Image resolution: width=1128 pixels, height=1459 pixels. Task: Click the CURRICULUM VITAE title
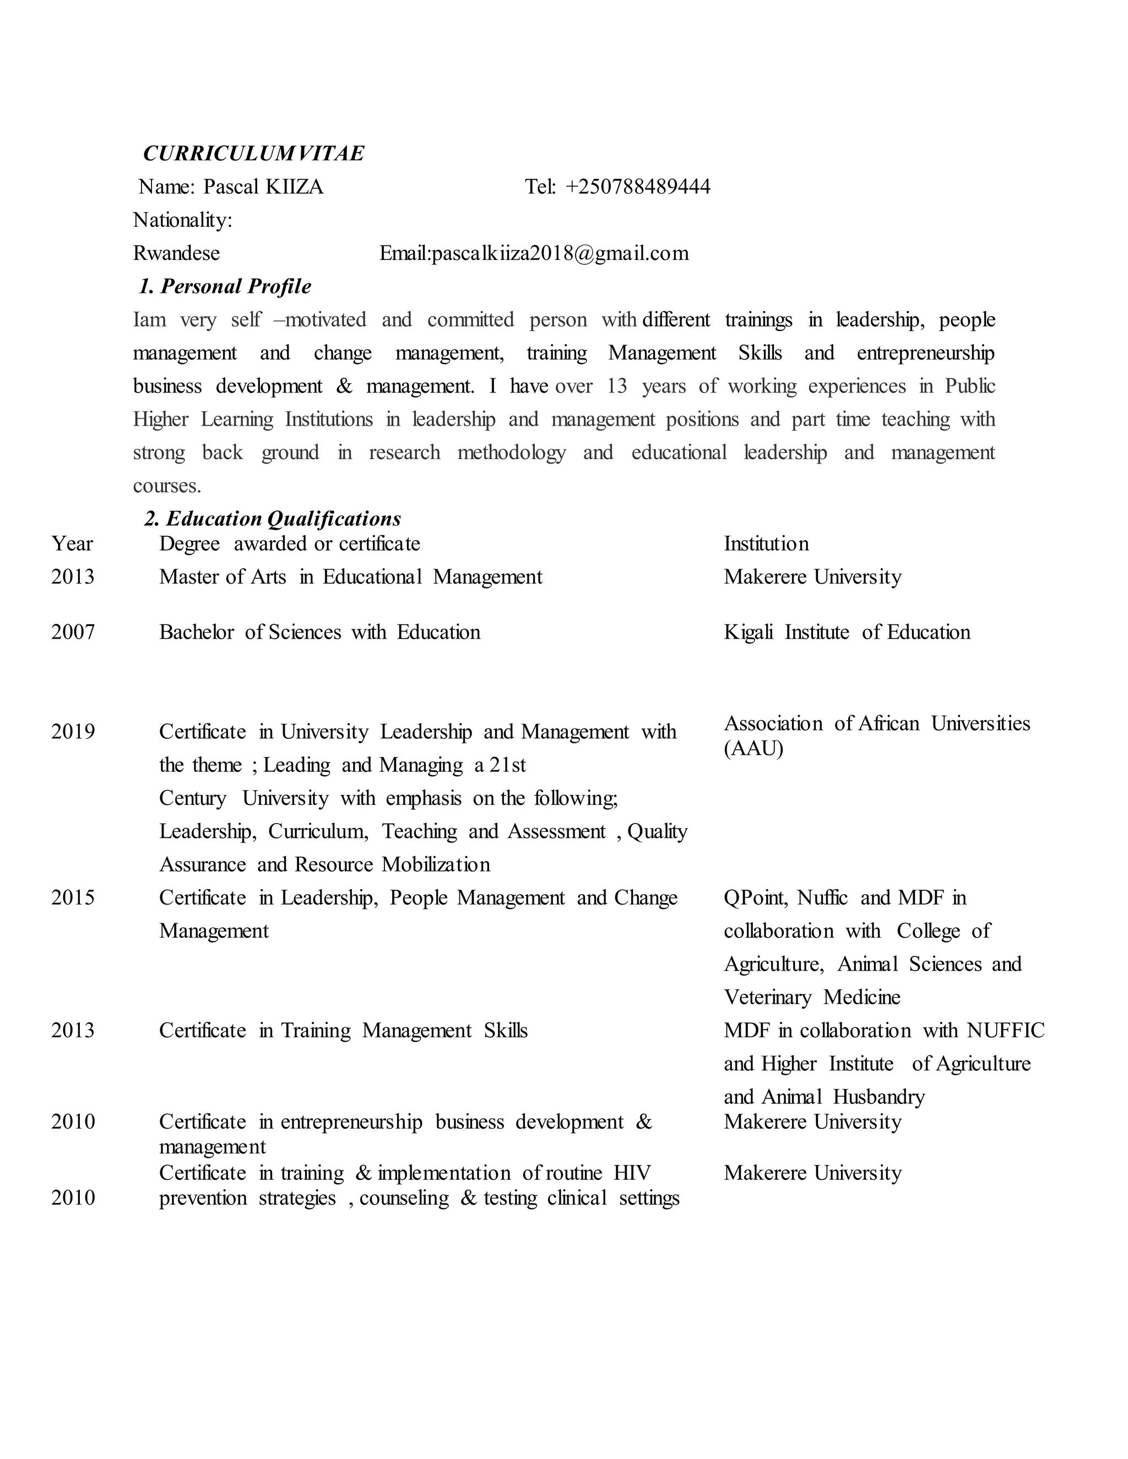pyautogui.click(x=253, y=154)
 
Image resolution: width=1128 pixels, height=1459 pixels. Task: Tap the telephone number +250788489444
pyautogui.click(x=637, y=187)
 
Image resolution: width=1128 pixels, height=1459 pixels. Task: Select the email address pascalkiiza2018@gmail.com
pyautogui.click(x=560, y=253)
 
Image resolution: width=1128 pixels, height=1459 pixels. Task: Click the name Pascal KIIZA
pyautogui.click(x=263, y=187)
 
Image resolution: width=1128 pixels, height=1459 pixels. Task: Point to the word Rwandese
pyautogui.click(x=176, y=253)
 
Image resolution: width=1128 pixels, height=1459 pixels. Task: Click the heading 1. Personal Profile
pyautogui.click(x=225, y=287)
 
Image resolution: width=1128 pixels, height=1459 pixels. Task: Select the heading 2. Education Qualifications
pyautogui.click(x=273, y=519)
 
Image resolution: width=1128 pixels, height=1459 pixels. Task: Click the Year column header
pyautogui.click(x=72, y=544)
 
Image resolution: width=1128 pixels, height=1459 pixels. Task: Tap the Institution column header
pyautogui.click(x=766, y=544)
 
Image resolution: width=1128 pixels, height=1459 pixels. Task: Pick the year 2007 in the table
pyautogui.click(x=73, y=632)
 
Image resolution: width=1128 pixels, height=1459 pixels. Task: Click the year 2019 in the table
pyautogui.click(x=73, y=732)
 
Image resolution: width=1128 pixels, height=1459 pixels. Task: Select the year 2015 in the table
pyautogui.click(x=73, y=897)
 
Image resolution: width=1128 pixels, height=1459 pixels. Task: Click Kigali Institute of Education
pyautogui.click(x=847, y=632)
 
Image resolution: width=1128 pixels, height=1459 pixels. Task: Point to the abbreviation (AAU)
pyautogui.click(x=753, y=749)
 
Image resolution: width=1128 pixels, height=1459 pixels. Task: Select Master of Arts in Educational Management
pyautogui.click(x=350, y=576)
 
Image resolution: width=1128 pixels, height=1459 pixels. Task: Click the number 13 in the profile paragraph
pyautogui.click(x=617, y=386)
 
